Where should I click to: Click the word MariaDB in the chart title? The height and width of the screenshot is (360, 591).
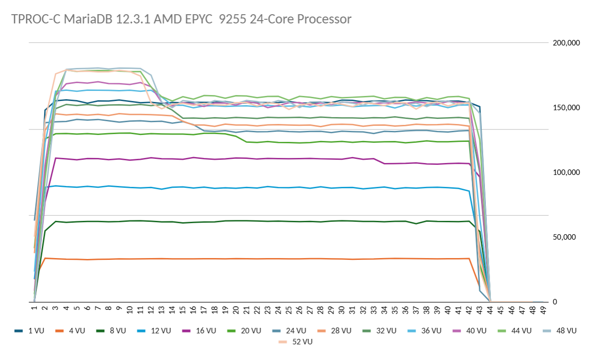pos(82,19)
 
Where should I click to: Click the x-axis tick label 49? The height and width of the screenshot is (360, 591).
pos(543,311)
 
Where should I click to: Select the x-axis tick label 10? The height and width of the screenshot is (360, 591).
pos(129,311)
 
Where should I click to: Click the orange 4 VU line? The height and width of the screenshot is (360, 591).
pos(230,259)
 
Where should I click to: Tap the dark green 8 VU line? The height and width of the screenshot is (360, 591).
pos(230,221)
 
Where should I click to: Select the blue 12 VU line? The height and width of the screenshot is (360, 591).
pos(230,187)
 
